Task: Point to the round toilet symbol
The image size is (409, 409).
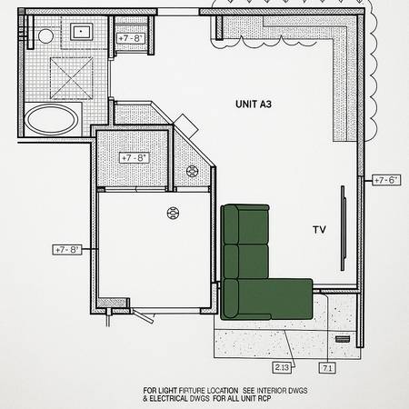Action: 45,36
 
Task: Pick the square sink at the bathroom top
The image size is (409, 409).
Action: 83,33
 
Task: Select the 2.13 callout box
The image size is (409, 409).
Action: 283,367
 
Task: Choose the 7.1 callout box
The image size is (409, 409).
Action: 327,367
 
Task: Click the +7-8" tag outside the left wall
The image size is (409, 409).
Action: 68,248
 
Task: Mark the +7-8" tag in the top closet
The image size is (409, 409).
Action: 129,39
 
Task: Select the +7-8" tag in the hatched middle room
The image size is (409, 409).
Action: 134,157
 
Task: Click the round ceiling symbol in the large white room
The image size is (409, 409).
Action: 173,214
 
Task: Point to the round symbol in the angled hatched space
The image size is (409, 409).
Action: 192,171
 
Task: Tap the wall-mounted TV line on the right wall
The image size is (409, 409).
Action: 343,227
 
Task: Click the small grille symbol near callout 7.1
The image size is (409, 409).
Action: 342,338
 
